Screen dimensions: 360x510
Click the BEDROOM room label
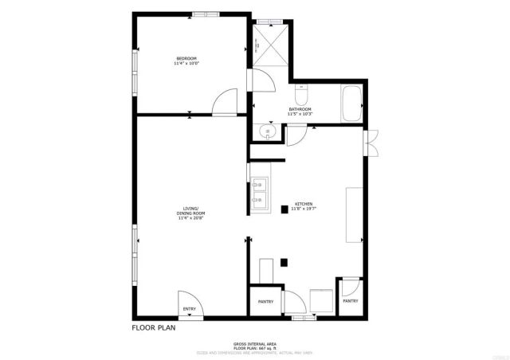click(186, 59)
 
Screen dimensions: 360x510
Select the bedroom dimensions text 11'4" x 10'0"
click(186, 65)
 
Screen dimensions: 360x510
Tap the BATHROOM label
click(300, 109)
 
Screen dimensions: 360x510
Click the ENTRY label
click(190, 309)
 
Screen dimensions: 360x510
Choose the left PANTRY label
click(265, 302)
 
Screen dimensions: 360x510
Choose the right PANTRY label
click(350, 301)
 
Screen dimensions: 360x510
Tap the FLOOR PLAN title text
click(153, 327)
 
